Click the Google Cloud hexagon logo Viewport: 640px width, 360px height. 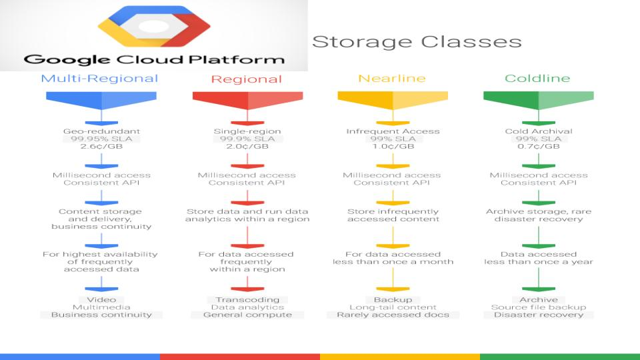pos(154,26)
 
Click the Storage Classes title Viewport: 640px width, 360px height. pos(417,41)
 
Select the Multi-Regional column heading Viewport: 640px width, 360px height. pos(99,79)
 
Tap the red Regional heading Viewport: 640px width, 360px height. pos(247,79)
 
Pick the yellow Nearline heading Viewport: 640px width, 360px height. pos(392,78)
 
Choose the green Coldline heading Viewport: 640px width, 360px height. pos(537,78)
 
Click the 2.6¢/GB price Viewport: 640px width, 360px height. pos(101,146)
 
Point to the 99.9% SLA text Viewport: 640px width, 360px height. pos(247,139)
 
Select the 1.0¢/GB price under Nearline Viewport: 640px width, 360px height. pos(393,146)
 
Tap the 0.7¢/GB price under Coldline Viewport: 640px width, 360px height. pos(539,146)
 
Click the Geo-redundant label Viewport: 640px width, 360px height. pos(101,131)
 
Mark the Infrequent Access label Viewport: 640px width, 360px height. pos(393,131)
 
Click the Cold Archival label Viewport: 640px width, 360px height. pos(539,131)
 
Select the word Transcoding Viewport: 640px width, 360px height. pos(247,299)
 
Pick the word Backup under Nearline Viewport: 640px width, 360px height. pos(393,299)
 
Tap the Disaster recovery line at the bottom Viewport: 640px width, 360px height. pos(539,315)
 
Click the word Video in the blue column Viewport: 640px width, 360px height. pos(101,299)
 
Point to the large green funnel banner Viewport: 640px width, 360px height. pos(539,101)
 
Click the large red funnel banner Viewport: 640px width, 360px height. pos(247,101)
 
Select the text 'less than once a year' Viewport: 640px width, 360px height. pos(539,261)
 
